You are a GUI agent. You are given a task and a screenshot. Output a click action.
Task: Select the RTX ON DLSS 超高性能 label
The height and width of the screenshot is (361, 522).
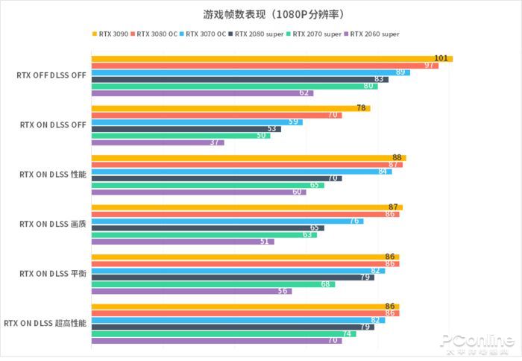point(45,323)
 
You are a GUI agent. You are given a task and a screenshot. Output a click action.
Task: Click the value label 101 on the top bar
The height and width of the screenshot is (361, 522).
point(441,58)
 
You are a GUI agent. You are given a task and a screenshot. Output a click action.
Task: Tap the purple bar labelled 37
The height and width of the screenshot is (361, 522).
point(157,142)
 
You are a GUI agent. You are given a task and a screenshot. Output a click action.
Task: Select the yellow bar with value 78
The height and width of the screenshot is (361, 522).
point(230,108)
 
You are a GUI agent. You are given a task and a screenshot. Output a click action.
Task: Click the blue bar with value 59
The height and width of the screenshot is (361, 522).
point(196,122)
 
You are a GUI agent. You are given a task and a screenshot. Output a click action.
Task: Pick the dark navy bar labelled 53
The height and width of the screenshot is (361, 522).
point(186,129)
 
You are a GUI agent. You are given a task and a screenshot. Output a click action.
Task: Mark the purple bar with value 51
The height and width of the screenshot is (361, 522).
point(182,242)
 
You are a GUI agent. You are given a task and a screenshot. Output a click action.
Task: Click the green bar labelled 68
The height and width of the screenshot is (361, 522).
point(213,284)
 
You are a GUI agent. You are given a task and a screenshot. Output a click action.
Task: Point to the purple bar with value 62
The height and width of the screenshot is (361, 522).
point(201,93)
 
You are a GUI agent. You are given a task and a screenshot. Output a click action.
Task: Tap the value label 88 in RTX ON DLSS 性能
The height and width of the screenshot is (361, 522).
point(397,157)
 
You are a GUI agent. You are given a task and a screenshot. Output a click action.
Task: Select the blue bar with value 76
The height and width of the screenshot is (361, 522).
point(227,221)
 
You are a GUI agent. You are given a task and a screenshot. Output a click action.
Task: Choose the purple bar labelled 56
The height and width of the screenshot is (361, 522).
point(191,291)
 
